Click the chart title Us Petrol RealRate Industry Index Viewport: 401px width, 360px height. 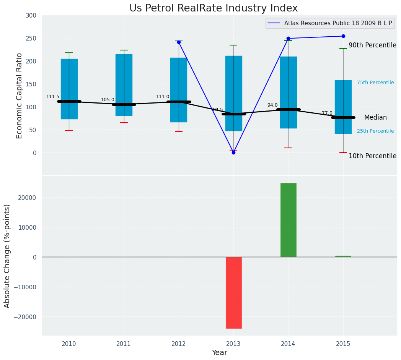213,8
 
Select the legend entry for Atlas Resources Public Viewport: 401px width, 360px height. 338,23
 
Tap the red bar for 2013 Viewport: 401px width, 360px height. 233,292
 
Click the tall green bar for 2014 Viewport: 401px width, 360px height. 288,220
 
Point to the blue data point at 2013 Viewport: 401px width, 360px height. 233,152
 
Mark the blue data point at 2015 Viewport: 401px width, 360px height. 343,36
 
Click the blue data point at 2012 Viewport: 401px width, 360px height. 179,42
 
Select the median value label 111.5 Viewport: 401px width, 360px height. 53,97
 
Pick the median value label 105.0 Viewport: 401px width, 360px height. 108,100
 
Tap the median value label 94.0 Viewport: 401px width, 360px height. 272,105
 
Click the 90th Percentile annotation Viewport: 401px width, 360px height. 372,45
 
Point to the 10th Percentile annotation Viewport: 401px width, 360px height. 372,156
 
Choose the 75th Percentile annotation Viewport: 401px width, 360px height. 375,83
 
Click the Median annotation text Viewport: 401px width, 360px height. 375,118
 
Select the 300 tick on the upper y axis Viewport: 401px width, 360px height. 31,16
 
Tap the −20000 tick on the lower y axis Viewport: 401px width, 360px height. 24,317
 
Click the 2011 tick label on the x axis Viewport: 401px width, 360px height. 124,344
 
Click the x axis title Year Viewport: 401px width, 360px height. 219,353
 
